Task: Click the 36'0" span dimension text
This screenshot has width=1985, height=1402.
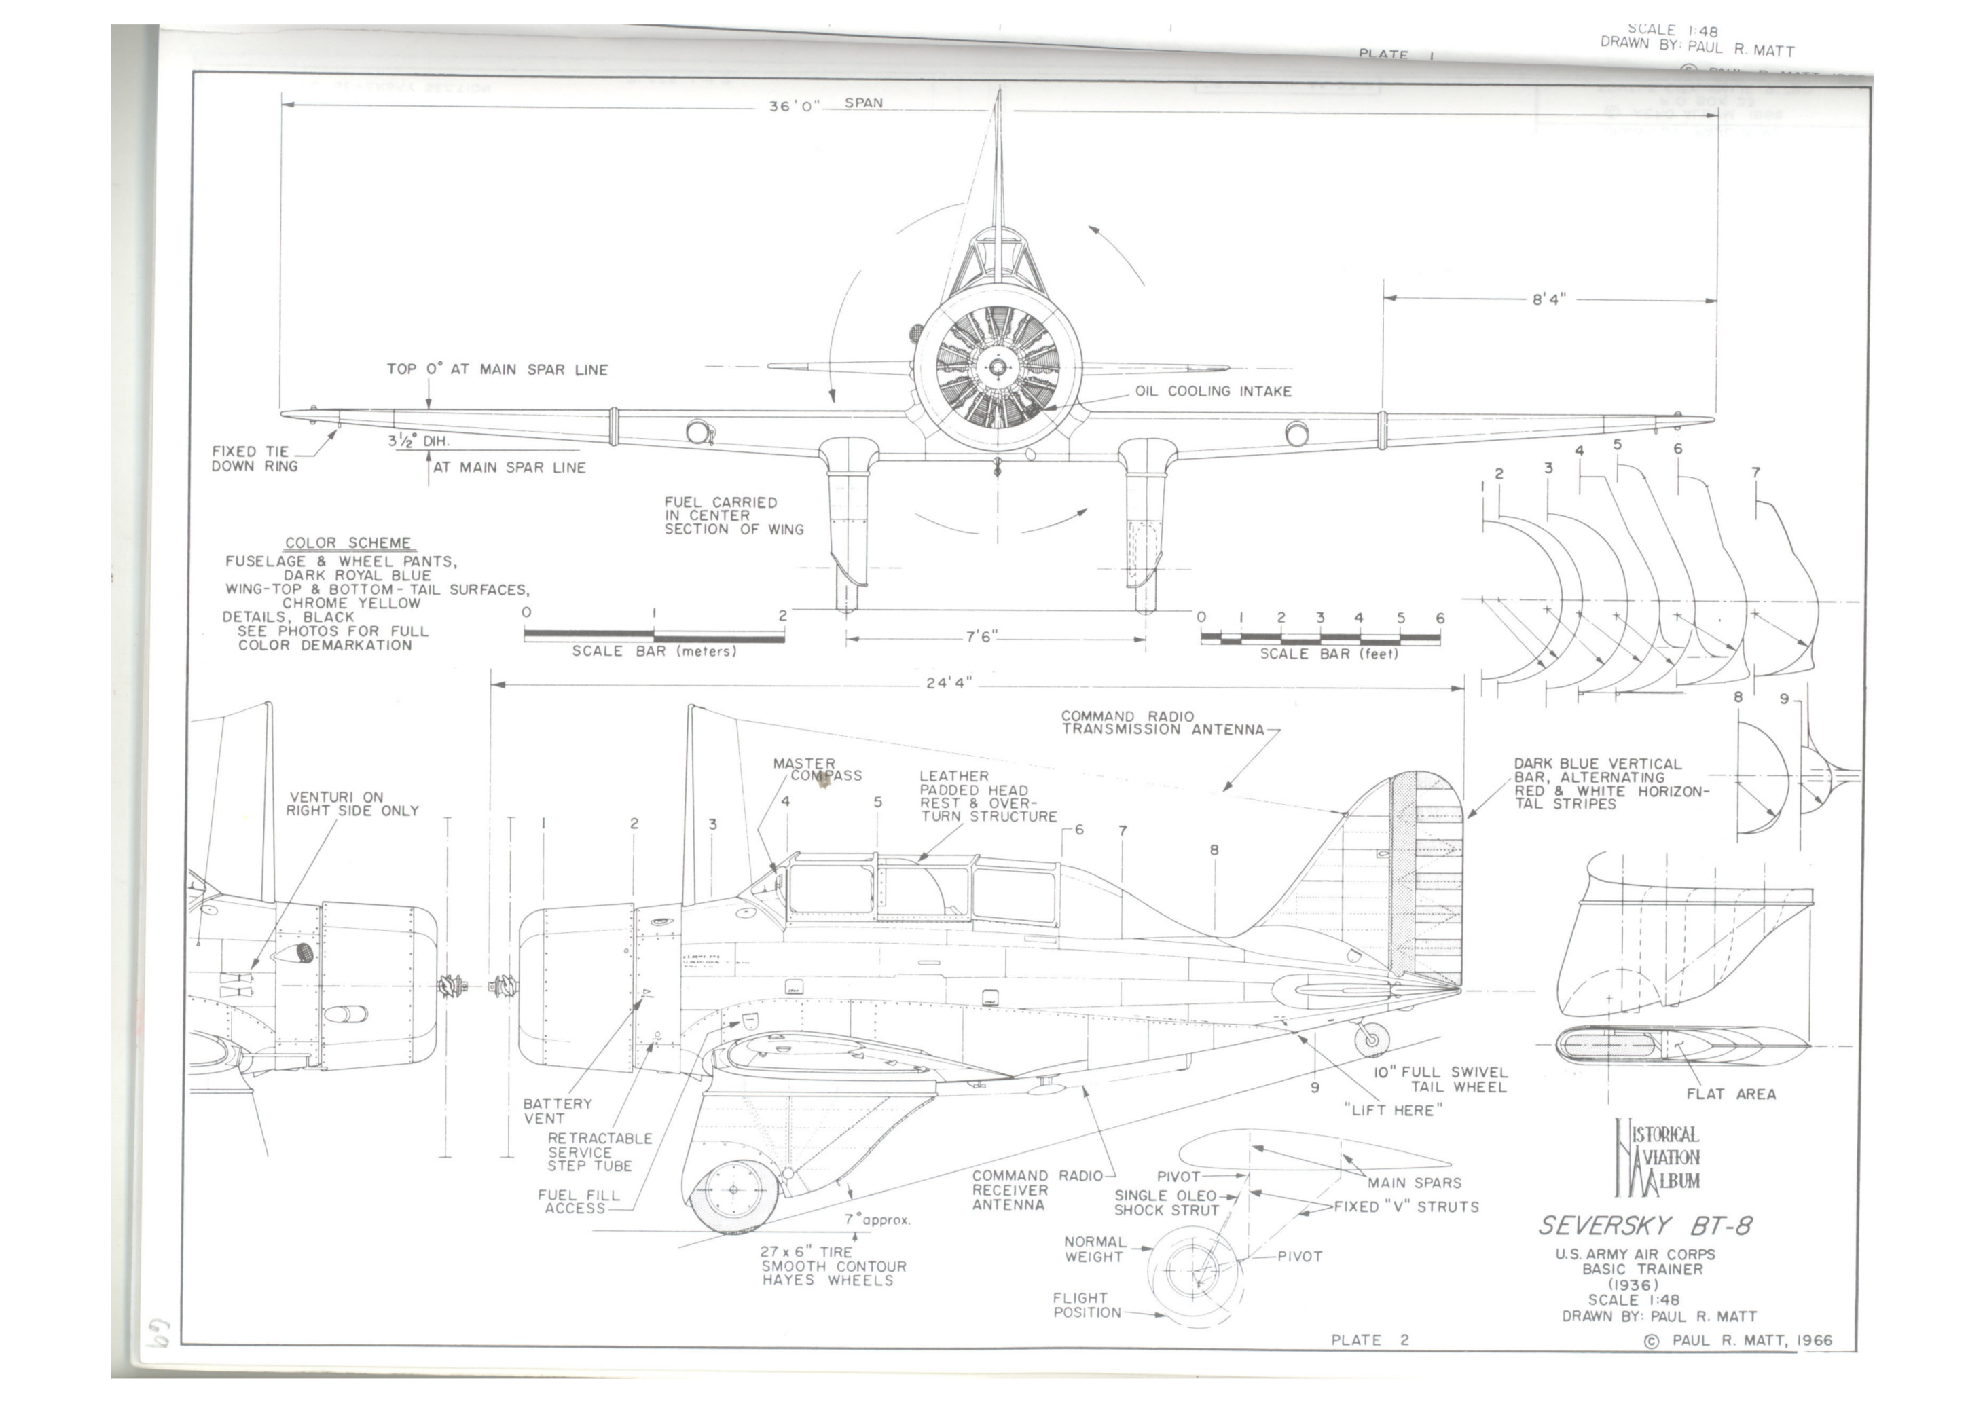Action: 794,107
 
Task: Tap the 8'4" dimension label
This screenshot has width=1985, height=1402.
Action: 1548,300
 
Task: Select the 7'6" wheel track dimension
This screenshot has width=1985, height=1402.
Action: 981,637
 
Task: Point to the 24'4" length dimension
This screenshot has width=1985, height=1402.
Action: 949,683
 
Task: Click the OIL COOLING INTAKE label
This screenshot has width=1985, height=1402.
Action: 1213,392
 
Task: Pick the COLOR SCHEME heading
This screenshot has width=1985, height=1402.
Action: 348,543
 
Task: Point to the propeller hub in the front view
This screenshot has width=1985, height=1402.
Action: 998,367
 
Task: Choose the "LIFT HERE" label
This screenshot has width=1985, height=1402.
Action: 1393,1111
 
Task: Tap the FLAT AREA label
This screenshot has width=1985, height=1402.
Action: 1731,1094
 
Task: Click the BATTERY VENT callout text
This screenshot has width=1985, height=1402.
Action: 558,1111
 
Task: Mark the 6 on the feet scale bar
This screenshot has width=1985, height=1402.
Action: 1440,618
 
